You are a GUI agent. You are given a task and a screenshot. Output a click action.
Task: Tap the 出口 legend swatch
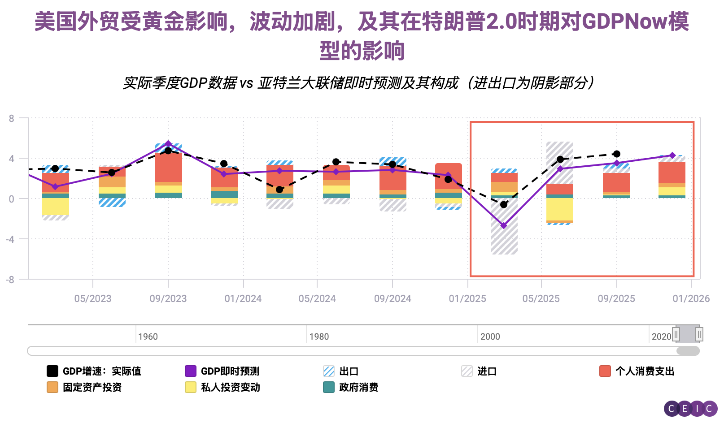(x=329, y=371)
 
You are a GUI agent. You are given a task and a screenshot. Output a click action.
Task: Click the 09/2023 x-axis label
(x=168, y=298)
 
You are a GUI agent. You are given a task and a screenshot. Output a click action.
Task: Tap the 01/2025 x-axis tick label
(x=467, y=298)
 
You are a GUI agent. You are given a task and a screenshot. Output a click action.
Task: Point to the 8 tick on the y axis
(x=12, y=118)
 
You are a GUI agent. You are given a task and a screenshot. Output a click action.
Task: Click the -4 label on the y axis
(x=10, y=239)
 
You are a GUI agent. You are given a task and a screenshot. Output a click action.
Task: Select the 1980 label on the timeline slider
(x=319, y=337)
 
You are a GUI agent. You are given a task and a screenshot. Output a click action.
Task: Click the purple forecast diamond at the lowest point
(x=504, y=225)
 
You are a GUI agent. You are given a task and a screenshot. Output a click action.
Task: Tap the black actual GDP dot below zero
(x=504, y=204)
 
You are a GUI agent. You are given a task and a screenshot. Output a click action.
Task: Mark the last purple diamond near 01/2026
(x=672, y=155)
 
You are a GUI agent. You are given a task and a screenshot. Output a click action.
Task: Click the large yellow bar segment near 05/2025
(x=560, y=209)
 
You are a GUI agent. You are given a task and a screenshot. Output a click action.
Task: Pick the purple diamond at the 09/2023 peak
(x=168, y=144)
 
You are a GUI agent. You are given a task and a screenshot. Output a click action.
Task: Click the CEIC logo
(x=690, y=408)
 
